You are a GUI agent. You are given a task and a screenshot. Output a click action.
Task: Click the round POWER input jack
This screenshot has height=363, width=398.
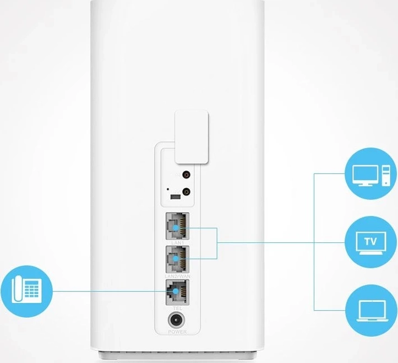pyautogui.click(x=177, y=321)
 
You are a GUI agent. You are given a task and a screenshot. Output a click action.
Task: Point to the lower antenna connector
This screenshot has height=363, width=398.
pyautogui.click(x=188, y=192)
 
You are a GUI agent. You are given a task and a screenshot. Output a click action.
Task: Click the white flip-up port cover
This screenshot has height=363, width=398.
pyautogui.click(x=192, y=138)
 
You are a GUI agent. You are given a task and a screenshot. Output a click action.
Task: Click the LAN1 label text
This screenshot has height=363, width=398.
pyautogui.click(x=176, y=242)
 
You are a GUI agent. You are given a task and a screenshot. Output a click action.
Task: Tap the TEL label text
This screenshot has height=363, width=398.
pyautogui.click(x=176, y=307)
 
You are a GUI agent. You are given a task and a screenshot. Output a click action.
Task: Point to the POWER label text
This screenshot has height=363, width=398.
pyautogui.click(x=177, y=333)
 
